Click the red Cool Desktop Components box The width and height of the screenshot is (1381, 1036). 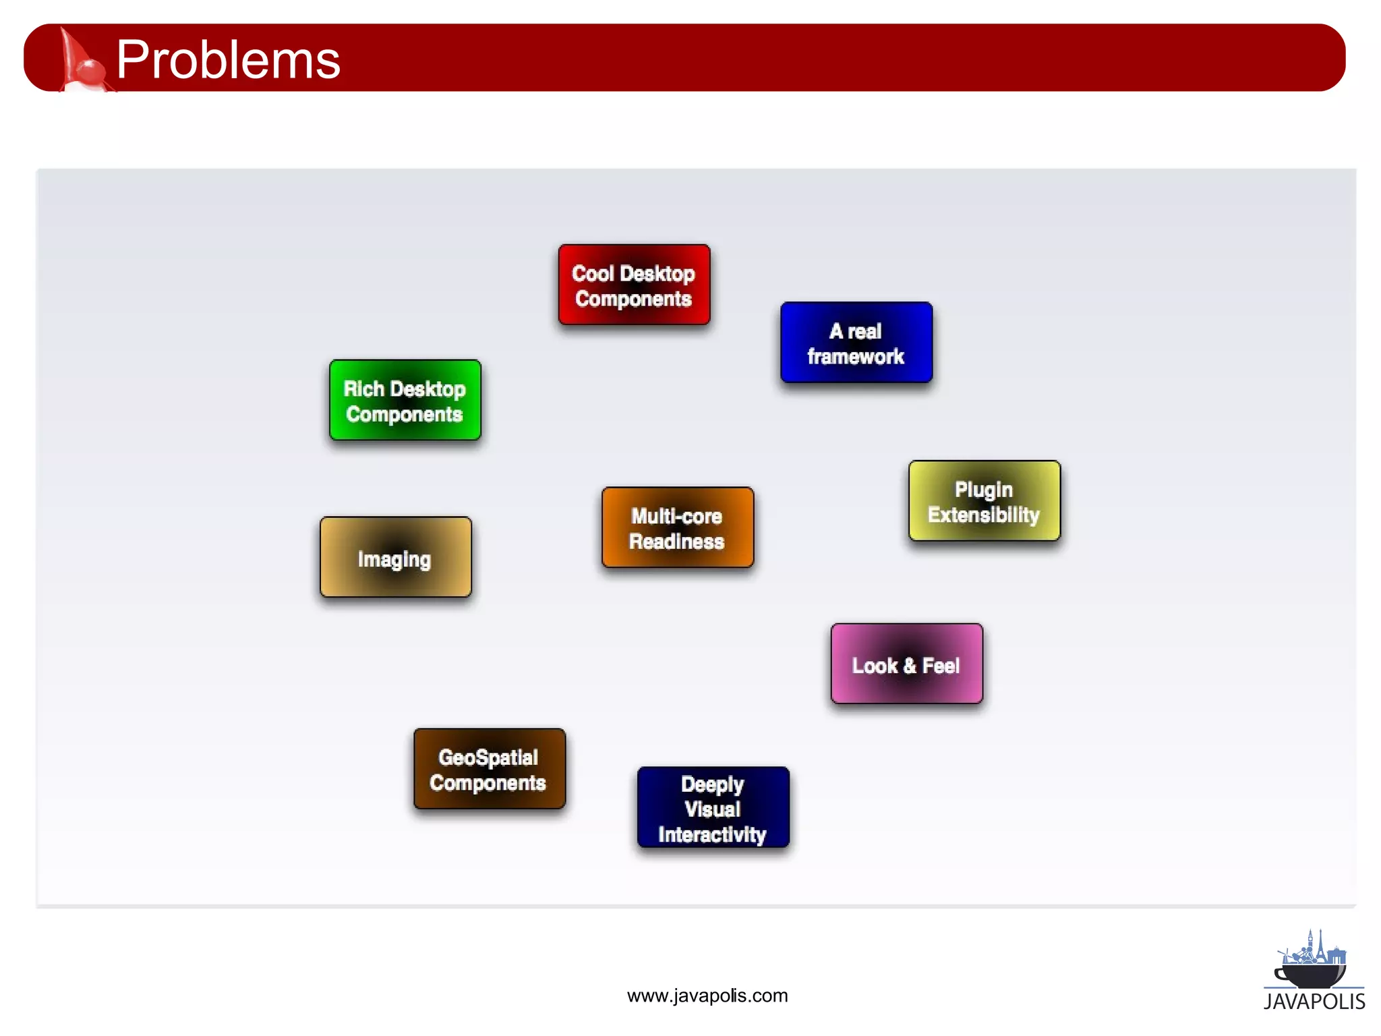click(634, 285)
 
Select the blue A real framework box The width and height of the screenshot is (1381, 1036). click(856, 343)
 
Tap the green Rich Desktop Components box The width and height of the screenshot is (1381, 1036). click(405, 400)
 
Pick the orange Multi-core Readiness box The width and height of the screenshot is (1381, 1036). click(678, 527)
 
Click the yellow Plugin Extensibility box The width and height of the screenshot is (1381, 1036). click(985, 500)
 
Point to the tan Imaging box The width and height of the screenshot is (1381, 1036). click(395, 557)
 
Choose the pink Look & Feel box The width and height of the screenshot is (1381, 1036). click(906, 664)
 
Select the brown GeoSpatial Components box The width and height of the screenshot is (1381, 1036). click(490, 769)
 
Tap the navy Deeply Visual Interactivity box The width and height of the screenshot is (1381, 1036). click(713, 807)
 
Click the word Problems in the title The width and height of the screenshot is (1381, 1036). click(228, 59)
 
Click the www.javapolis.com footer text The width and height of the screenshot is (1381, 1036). click(707, 996)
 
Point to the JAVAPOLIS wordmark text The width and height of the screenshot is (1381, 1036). click(1314, 1002)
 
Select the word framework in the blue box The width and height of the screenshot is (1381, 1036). click(856, 356)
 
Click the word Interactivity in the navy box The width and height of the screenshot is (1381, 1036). click(712, 834)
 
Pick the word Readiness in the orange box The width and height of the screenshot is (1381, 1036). click(676, 542)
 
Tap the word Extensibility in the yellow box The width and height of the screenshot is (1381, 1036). click(983, 515)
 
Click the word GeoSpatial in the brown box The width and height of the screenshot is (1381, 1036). click(488, 757)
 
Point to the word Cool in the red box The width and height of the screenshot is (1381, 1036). click(592, 273)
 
